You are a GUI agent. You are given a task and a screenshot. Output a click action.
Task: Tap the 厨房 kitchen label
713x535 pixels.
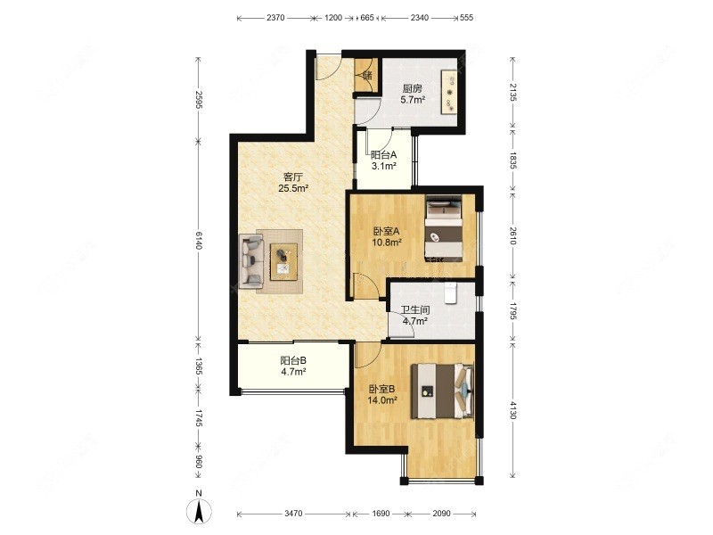[413, 88]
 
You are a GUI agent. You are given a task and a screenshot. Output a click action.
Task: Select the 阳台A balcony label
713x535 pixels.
[384, 155]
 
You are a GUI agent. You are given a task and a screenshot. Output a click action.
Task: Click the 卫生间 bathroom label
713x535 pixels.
[414, 310]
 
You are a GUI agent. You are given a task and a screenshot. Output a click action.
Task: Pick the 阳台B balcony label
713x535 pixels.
[293, 361]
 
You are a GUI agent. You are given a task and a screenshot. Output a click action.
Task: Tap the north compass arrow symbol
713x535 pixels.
[199, 511]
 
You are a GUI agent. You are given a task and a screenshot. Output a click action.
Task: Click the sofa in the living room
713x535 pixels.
[251, 261]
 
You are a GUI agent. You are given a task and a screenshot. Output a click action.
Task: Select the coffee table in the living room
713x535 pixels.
[283, 261]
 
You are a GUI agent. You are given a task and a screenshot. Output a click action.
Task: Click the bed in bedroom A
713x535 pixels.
[443, 228]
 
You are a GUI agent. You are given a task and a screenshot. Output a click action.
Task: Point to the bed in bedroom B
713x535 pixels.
[442, 391]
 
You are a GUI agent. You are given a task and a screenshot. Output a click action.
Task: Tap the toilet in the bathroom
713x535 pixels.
[450, 292]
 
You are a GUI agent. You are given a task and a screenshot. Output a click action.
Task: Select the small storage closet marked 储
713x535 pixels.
[367, 75]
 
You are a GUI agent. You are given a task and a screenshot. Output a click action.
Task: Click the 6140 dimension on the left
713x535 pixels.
[199, 240]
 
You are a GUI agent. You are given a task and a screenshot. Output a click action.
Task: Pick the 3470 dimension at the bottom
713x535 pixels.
[293, 514]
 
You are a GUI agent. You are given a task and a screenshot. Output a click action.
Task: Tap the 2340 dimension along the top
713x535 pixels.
[419, 18]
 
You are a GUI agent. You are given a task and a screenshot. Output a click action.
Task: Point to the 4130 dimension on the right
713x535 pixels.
[513, 410]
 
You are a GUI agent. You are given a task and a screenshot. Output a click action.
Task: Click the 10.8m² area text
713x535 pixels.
[387, 242]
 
